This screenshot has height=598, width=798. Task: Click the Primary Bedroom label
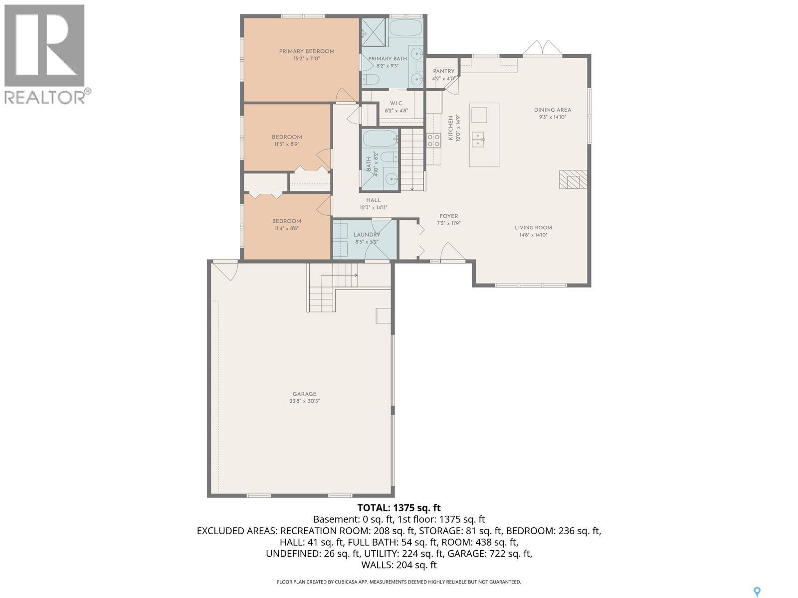coord(306,51)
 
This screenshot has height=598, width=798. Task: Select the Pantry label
coord(443,71)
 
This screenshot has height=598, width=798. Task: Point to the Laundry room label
coord(367,235)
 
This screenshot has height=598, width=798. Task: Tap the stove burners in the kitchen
coord(433,140)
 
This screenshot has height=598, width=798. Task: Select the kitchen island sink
coord(478,139)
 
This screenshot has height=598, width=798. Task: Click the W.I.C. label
coord(396,103)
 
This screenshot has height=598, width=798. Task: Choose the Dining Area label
coord(552,110)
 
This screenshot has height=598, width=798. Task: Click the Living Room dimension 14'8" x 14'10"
coord(533,235)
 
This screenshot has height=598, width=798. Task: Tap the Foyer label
coord(448,216)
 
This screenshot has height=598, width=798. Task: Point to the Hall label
coord(373,200)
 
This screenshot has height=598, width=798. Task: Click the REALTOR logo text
coord(45,96)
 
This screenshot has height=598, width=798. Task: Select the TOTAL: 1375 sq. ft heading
coord(399,508)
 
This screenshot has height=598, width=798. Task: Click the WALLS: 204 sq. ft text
coord(399,565)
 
